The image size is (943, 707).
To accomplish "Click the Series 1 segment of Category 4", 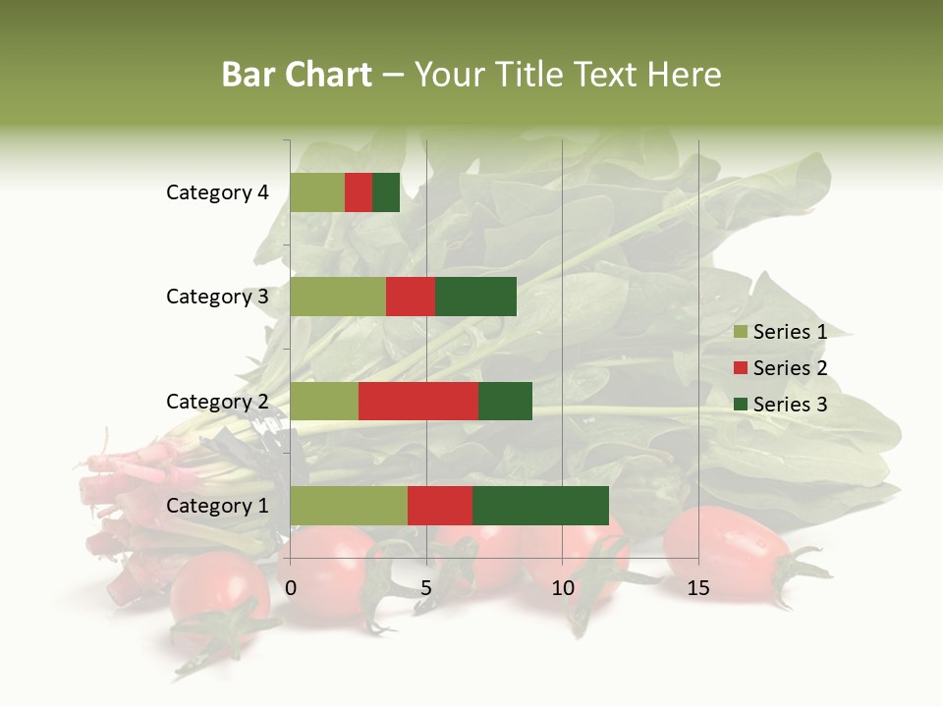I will (x=316, y=192).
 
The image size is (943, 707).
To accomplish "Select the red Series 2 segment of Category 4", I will (x=359, y=192).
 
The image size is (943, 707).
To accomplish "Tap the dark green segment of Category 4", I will (x=386, y=192).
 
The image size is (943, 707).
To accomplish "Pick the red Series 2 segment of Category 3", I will (x=411, y=297).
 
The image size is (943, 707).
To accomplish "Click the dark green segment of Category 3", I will (x=475, y=297).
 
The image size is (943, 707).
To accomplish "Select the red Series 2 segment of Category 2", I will (x=418, y=401).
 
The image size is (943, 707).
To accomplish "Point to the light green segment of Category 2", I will (x=324, y=401).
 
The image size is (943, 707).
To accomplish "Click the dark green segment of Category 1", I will (x=540, y=505).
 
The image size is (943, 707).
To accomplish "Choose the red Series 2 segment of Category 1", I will (x=440, y=505).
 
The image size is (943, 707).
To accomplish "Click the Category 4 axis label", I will (x=217, y=192).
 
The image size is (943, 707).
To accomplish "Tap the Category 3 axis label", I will (x=217, y=297).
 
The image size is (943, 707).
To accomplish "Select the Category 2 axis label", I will (x=217, y=401).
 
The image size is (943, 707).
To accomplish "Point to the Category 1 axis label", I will (x=217, y=506).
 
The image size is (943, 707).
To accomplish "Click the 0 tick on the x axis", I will (x=291, y=588).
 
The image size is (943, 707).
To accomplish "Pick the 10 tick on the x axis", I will (x=562, y=588).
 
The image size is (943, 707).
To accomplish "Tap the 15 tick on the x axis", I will (x=697, y=588).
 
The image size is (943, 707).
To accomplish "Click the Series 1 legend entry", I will (x=781, y=332).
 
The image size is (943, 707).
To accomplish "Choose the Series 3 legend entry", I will (x=781, y=405).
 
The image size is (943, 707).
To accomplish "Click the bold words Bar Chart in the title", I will (x=297, y=75).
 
